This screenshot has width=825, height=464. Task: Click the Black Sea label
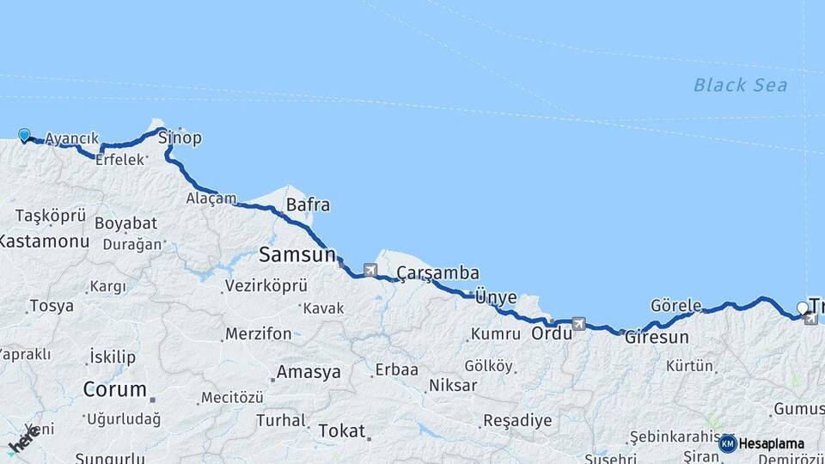[740, 84]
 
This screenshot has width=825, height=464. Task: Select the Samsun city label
[296, 254]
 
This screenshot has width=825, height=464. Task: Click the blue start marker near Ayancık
[24, 135]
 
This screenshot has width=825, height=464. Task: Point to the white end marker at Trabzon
[803, 308]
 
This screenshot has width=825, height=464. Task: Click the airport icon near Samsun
[370, 271]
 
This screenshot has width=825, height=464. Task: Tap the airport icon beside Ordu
[578, 324]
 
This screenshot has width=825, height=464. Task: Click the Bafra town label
[308, 205]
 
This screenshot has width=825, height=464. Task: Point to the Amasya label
[308, 373]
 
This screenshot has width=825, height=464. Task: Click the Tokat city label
[342, 430]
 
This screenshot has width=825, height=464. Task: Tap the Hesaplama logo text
[771, 443]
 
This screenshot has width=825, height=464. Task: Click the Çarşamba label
[437, 273]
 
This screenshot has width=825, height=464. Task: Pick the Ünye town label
[496, 297]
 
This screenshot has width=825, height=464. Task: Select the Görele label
[675, 306]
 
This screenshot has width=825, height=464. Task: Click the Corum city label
[114, 389]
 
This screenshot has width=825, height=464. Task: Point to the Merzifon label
[258, 333]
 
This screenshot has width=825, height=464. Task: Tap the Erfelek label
[119, 160]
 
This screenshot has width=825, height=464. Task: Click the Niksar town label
[452, 385]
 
